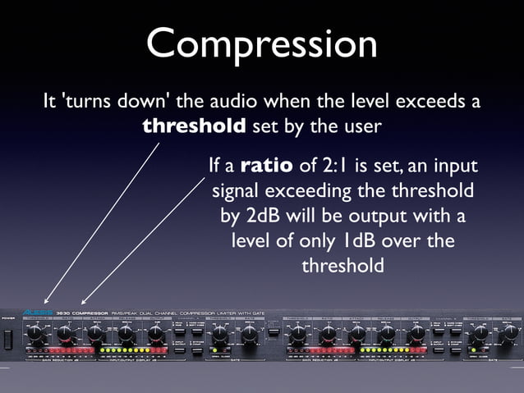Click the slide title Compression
261,43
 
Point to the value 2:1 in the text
337,167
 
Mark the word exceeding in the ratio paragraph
319,191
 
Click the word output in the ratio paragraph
395,217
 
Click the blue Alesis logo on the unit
37,313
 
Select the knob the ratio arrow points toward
66,335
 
